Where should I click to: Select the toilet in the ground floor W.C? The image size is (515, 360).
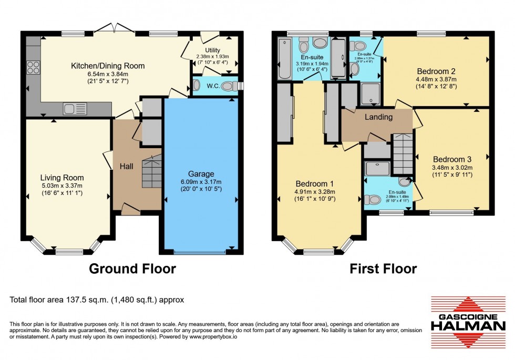click(228, 87)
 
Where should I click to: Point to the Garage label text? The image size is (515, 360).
click(201, 174)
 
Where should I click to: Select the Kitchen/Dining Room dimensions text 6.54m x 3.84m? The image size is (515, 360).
click(108, 74)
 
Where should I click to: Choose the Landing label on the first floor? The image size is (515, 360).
click(378, 117)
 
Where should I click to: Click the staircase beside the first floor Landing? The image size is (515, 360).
click(403, 153)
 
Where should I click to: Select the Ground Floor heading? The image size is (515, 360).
click(132, 269)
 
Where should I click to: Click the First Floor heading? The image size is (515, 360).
click(383, 269)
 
